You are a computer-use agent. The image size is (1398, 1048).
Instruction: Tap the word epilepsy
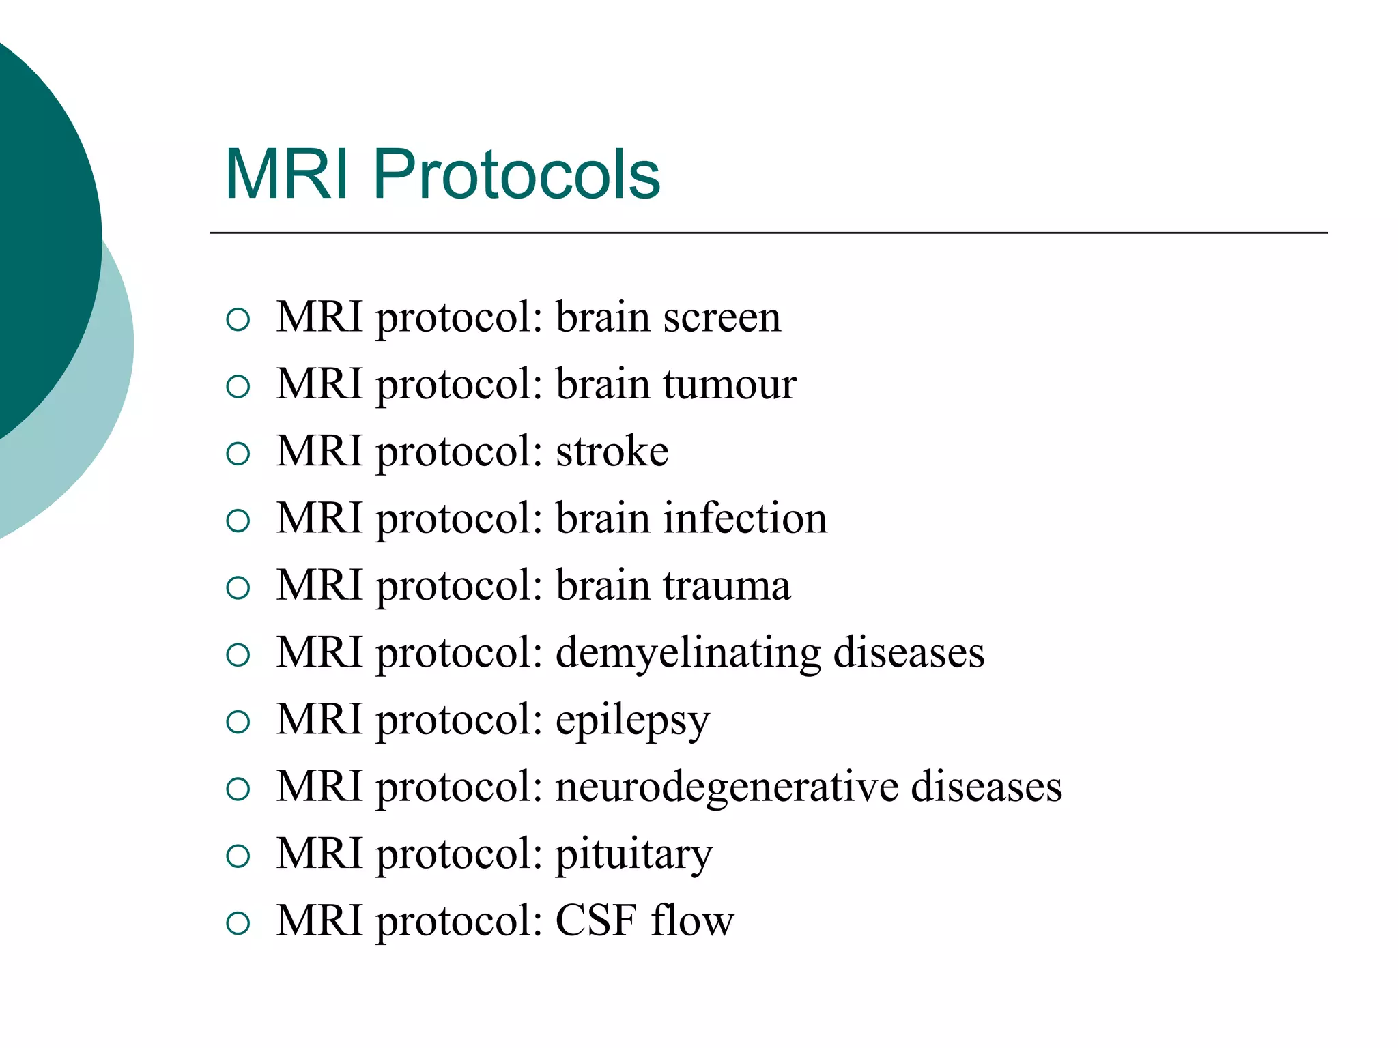tap(632, 720)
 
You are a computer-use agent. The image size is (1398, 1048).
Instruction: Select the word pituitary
tap(633, 854)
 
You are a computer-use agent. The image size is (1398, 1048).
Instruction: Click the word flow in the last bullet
tap(691, 920)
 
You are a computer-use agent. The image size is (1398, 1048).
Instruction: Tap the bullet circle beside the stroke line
tap(238, 454)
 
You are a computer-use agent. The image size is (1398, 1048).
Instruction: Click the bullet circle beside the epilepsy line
tap(238, 722)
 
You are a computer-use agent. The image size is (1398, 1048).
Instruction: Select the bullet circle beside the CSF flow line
tap(238, 923)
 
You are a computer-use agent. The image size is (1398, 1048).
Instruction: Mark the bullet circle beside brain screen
tap(238, 319)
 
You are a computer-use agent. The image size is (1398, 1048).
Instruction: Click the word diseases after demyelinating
tap(909, 652)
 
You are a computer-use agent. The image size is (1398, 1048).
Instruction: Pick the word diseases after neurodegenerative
tap(986, 787)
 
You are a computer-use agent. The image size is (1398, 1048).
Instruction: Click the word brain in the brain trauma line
tap(602, 585)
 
